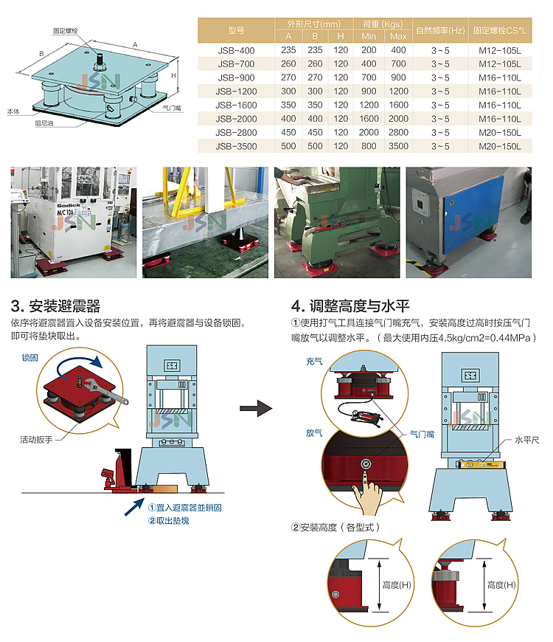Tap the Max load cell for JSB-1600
click(398, 105)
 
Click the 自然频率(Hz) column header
click(440, 30)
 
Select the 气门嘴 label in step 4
click(420, 435)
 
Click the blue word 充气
click(314, 362)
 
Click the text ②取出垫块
click(169, 520)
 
